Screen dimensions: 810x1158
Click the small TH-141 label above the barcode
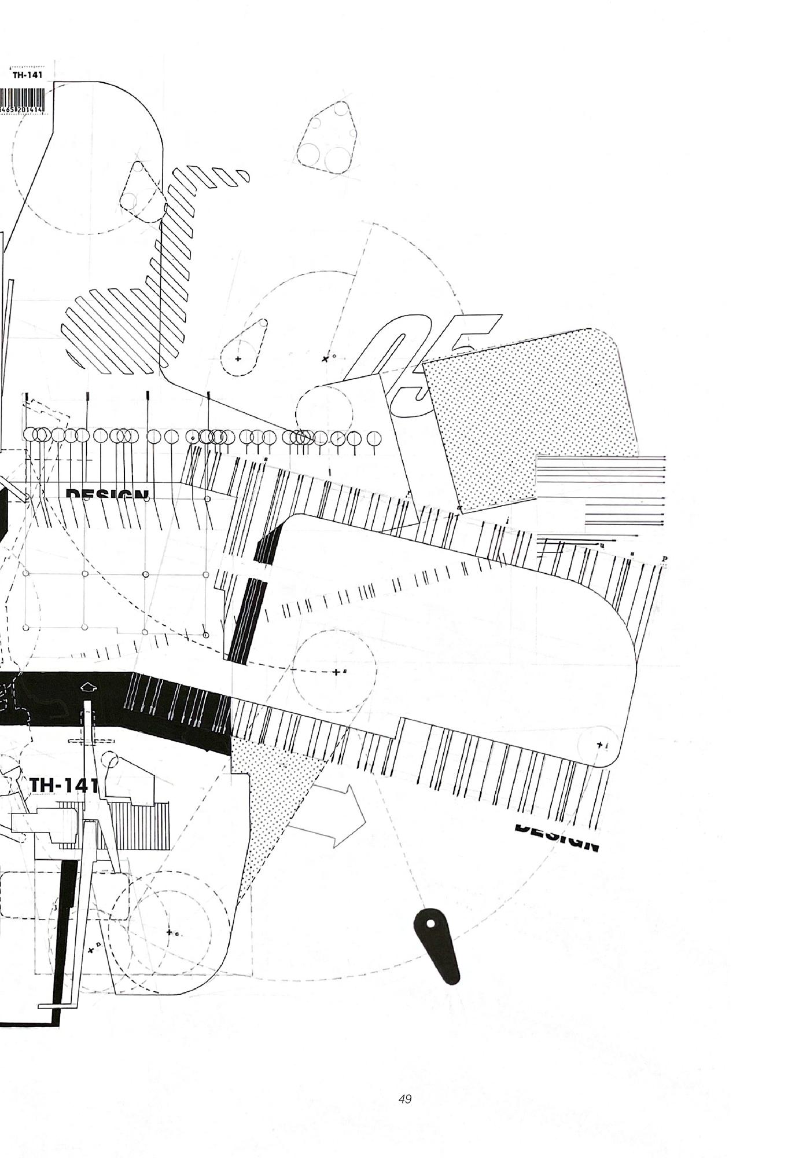[27, 75]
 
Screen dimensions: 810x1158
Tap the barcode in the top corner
[22, 102]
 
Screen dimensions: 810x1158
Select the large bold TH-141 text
[64, 785]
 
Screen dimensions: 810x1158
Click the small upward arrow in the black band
[87, 687]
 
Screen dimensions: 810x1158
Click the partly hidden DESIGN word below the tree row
[107, 494]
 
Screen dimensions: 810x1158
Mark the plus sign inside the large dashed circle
[336, 672]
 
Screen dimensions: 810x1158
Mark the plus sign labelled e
[170, 932]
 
